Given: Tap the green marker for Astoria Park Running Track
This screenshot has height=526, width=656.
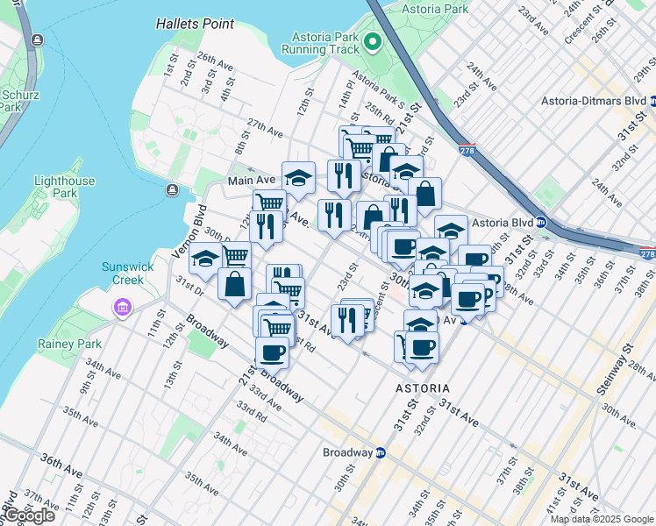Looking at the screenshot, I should point(372,41).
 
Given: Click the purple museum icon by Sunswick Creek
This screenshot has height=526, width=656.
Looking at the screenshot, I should point(121,308).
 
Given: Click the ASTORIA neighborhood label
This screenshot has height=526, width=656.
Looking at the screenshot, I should point(422,387).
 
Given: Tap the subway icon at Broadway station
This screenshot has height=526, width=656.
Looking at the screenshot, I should point(380,453).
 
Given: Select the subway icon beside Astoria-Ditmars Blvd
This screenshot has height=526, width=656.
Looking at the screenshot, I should point(653,101).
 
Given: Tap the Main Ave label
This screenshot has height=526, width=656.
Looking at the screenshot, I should point(252,180).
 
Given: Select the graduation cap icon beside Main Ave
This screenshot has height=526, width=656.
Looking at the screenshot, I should point(298,176).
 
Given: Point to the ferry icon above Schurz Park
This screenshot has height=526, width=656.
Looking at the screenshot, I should point(37,40).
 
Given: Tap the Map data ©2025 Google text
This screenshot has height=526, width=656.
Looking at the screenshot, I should point(602,519).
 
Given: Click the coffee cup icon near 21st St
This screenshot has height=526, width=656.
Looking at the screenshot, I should point(272,352).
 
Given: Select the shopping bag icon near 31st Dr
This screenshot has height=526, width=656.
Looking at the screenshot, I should point(234,284).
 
